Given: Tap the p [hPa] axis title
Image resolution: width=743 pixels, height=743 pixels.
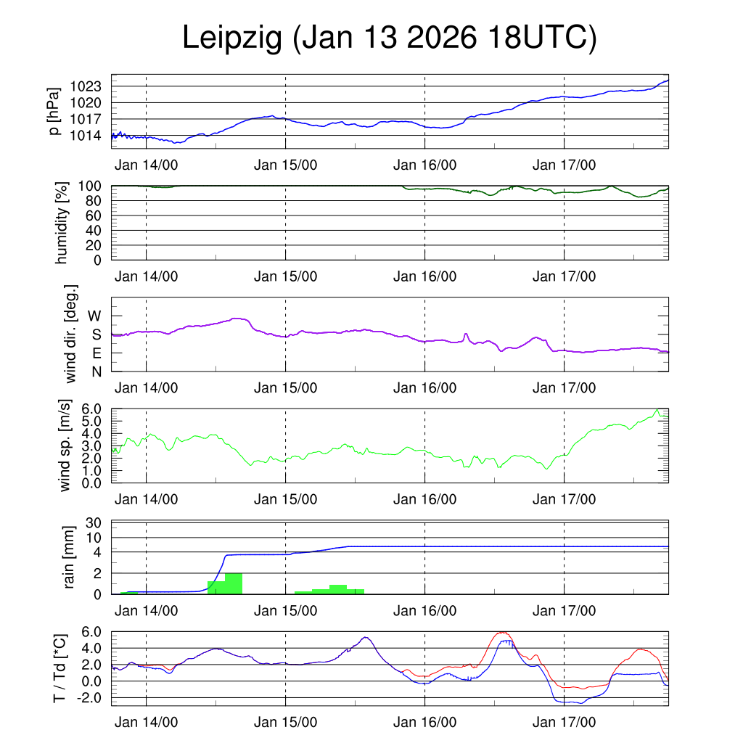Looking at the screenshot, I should click(53, 111).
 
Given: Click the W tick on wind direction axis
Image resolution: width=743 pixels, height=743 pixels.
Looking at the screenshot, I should click(95, 316).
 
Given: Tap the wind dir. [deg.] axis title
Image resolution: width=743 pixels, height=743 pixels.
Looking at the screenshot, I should click(71, 334).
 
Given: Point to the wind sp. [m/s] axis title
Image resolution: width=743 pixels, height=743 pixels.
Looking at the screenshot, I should click(65, 446).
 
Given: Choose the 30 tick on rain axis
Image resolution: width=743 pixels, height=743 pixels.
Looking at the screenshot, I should click(97, 522).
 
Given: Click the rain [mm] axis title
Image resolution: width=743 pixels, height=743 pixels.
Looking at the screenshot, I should click(70, 557).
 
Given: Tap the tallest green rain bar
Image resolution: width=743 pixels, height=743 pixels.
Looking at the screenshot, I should click(234, 583).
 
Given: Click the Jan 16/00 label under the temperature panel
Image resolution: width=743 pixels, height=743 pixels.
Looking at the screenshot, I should click(424, 723).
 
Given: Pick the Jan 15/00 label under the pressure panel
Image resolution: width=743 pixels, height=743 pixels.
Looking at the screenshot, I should click(285, 165).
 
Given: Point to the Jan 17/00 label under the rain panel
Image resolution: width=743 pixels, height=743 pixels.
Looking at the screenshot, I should click(564, 610).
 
